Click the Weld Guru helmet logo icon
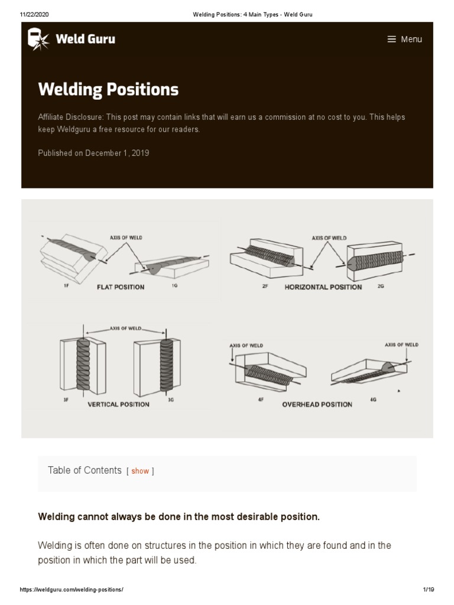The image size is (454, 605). pyautogui.click(x=38, y=39)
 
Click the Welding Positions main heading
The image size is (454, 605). pyautogui.click(x=108, y=89)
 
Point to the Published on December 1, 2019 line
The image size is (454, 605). pyautogui.click(x=93, y=153)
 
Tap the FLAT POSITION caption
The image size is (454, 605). pyautogui.click(x=121, y=287)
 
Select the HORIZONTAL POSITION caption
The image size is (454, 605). pyautogui.click(x=323, y=287)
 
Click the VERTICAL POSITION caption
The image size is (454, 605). pyautogui.click(x=118, y=405)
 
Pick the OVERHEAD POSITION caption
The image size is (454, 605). pyautogui.click(x=317, y=405)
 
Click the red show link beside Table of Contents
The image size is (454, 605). pyautogui.click(x=140, y=471)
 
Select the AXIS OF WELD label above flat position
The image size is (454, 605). pyautogui.click(x=125, y=238)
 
